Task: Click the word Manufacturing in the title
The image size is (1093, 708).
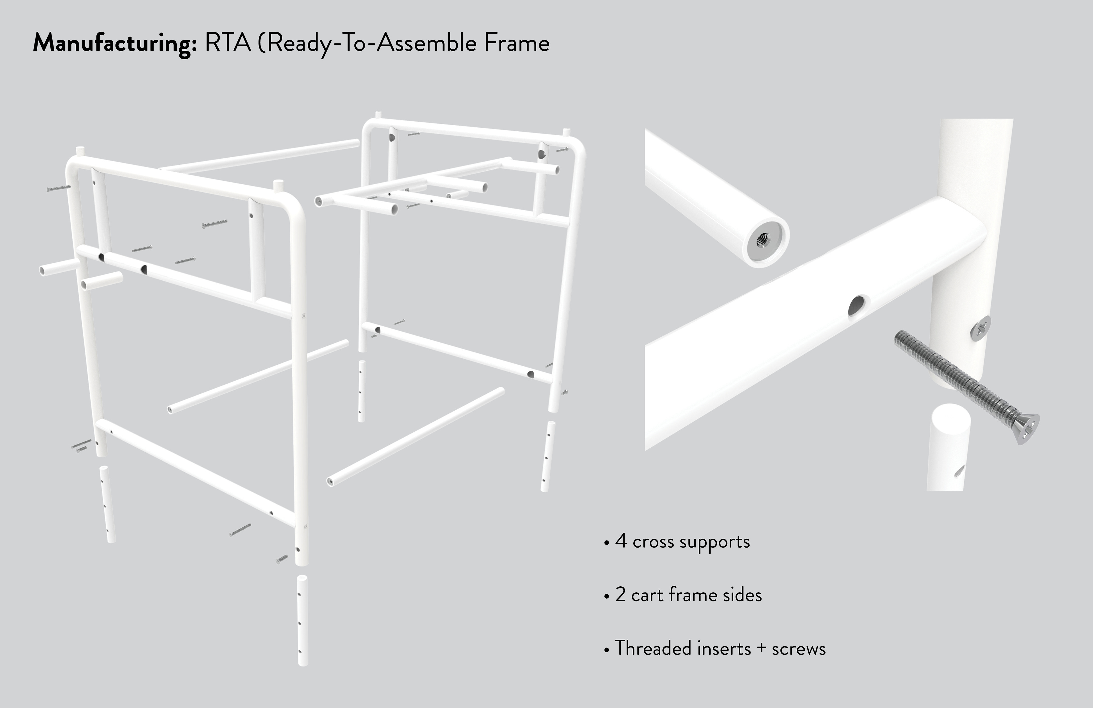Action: tap(115, 44)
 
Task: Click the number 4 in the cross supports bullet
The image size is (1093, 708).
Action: tap(621, 541)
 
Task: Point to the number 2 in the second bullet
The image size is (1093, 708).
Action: tap(621, 595)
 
